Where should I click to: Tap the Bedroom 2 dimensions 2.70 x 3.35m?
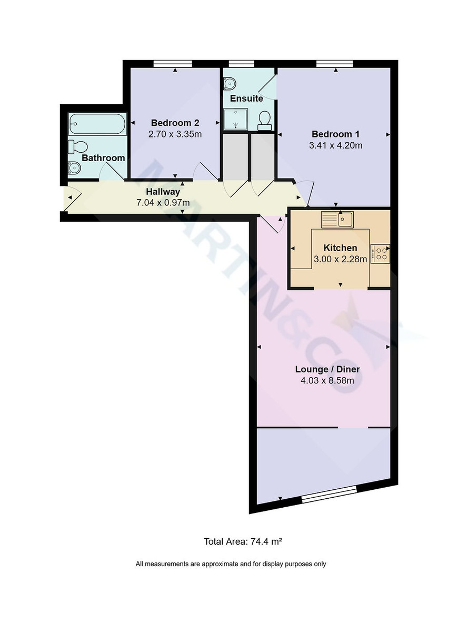tap(175, 134)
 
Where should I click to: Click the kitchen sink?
tap(337, 219)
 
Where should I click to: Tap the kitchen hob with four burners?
tap(381, 253)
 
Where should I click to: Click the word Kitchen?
tap(340, 248)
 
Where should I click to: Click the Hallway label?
tap(163, 192)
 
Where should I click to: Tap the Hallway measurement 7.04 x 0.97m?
tap(163, 202)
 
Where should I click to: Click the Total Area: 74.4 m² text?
tap(244, 541)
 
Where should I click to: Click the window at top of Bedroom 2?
tap(173, 64)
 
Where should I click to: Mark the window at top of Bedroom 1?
tap(335, 64)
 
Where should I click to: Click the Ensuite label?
tap(246, 98)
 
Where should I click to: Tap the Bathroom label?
tap(104, 158)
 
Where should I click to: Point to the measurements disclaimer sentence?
tap(231, 564)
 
